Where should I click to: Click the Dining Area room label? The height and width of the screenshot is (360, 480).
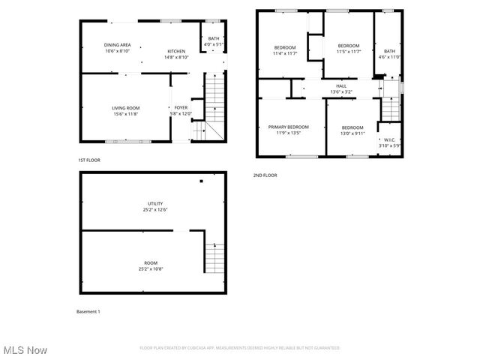[117, 45]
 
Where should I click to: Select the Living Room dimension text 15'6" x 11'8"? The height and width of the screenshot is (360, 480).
[126, 114]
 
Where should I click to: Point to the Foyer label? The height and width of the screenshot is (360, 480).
[181, 108]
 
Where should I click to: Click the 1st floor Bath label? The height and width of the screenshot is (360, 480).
[213, 38]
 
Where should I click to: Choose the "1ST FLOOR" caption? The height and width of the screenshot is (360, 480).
[88, 160]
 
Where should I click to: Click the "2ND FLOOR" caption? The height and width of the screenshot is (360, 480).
[265, 175]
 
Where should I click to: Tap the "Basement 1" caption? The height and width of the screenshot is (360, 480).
[88, 311]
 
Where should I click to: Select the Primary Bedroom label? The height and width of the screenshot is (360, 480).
[289, 127]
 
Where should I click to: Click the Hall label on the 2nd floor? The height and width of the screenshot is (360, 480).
[341, 86]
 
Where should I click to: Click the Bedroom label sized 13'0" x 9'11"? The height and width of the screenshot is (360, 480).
[352, 127]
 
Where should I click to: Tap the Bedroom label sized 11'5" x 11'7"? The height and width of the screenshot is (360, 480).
[349, 46]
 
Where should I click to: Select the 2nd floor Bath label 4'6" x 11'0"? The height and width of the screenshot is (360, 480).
[389, 51]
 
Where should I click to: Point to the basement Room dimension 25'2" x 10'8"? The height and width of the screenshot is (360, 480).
[152, 268]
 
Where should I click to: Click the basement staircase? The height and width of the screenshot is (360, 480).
[214, 257]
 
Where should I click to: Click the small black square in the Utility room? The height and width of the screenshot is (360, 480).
[201, 181]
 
